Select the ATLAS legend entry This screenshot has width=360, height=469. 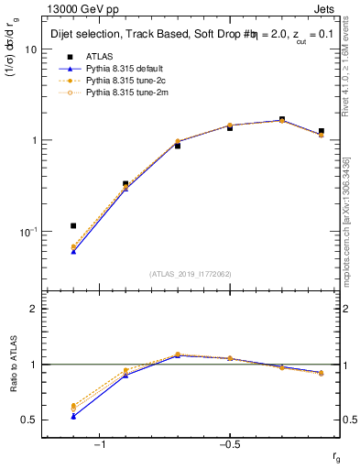[x=100, y=56]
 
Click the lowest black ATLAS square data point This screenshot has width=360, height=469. [x=73, y=225]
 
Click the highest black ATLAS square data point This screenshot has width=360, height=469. [x=282, y=119]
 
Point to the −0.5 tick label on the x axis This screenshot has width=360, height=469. [x=229, y=445]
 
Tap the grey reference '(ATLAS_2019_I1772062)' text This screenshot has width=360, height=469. [x=190, y=273]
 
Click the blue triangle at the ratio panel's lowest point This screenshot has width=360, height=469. [x=73, y=416]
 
